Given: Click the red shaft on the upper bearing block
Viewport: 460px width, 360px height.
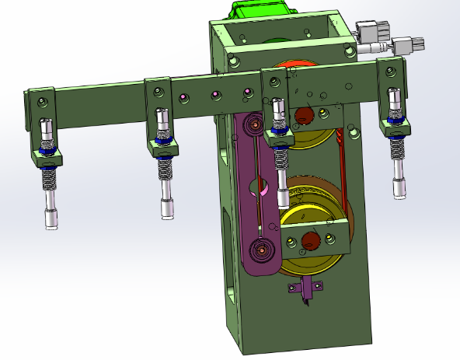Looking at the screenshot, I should pos(303,116).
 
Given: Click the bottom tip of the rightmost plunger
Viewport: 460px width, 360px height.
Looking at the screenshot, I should pos(400,189).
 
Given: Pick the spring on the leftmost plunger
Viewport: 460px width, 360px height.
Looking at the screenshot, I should pos(49,179).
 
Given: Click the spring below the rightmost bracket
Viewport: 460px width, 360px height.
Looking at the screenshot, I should pos(397,147).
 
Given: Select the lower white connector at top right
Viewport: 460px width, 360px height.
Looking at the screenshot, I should pos(406,44).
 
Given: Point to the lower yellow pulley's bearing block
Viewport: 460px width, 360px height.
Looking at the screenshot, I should pos(314,239).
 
